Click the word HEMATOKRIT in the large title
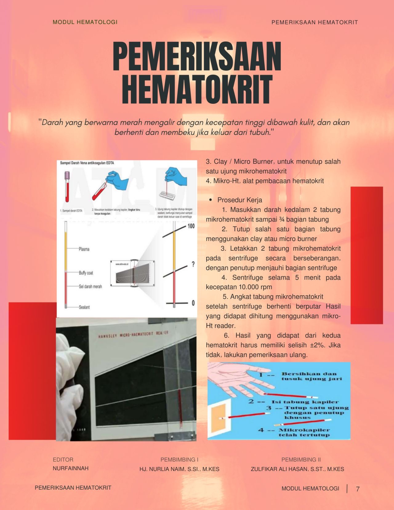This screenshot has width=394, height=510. pos(197,89)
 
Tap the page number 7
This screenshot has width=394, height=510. pos(358,489)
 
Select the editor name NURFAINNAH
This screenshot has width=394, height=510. pos(70,468)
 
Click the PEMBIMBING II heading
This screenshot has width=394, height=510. pos(301,459)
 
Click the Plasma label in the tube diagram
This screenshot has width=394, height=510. pos(84,249)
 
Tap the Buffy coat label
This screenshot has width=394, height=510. pos(86,273)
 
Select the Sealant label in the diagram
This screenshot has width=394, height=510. pos(84,307)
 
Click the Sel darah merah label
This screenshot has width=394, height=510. pos(90,286)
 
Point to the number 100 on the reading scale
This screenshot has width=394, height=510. pos(191,226)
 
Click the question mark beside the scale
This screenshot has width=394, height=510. pos(193,264)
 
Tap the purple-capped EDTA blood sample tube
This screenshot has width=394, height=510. pos(67,188)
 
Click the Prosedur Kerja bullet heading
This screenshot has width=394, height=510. pos(239,200)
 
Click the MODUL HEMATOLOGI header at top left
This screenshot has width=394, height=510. pos(85,22)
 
